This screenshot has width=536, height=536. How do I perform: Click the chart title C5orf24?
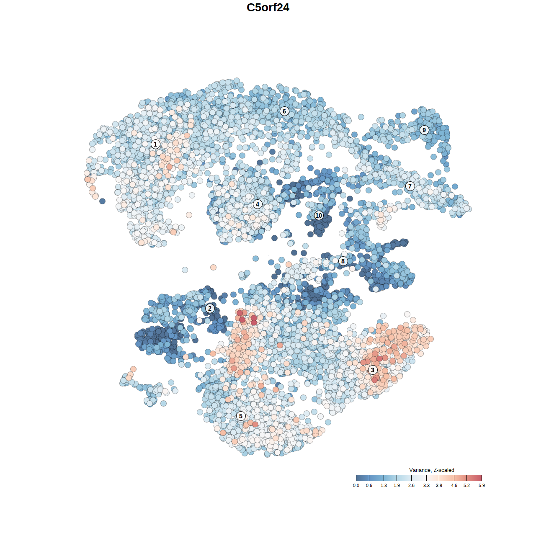click(x=268, y=8)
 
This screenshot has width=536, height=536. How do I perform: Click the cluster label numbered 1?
click(x=155, y=144)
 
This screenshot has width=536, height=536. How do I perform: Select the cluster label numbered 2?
click(x=210, y=309)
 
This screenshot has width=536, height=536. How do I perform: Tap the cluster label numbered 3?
click(x=373, y=370)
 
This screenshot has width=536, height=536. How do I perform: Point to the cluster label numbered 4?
click(x=258, y=204)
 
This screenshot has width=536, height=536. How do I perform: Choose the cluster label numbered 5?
click(x=241, y=416)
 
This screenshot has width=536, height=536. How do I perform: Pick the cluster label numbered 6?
click(x=284, y=111)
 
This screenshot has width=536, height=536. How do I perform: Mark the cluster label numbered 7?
click(x=410, y=186)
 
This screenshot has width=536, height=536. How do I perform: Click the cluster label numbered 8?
click(x=343, y=261)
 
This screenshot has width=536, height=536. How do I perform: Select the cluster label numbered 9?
click(x=424, y=130)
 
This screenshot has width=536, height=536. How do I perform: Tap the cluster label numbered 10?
click(x=319, y=216)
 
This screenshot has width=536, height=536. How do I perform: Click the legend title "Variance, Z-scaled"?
click(x=431, y=470)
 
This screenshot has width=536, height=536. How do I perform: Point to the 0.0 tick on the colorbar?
click(x=356, y=485)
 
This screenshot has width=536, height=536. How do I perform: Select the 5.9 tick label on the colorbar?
click(x=482, y=485)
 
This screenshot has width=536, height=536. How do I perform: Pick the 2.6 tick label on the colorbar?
click(x=411, y=485)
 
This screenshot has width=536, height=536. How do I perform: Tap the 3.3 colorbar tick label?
click(x=426, y=485)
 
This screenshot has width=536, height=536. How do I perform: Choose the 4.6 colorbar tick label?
click(x=454, y=485)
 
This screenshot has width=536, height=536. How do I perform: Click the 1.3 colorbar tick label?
click(x=384, y=485)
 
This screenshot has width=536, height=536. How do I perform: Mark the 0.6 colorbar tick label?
click(x=369, y=485)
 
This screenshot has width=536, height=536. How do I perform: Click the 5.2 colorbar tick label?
click(x=466, y=485)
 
